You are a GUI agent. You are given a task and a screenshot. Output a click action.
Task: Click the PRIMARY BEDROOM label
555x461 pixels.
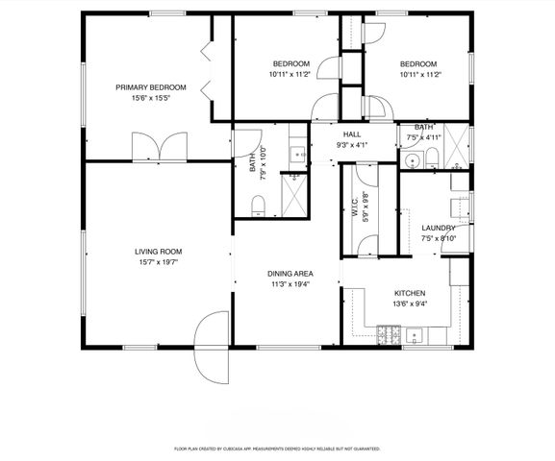point(150,87)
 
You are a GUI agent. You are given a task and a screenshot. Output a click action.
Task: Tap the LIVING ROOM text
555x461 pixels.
point(158,252)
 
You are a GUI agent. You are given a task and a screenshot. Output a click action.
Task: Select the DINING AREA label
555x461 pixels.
point(290,274)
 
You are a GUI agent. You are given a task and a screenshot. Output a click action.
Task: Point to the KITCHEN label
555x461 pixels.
point(409,293)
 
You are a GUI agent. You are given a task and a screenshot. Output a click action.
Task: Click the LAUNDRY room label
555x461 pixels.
point(438,228)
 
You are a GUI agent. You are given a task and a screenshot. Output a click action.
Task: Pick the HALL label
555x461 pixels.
point(351,134)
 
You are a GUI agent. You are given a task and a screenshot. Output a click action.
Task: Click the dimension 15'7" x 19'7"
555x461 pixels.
point(158,262)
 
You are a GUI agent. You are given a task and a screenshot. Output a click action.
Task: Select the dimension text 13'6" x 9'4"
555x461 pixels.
point(409,303)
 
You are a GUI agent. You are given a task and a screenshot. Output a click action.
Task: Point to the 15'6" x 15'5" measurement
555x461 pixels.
point(150,98)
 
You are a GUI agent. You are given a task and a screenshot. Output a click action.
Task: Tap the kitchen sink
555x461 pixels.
point(416,335)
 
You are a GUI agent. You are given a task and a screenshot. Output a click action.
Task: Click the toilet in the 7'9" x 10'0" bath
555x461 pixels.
point(257,205)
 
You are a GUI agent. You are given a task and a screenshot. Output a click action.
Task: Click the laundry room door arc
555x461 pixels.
point(453,245)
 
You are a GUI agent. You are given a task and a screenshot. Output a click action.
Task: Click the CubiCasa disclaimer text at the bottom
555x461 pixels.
point(277,449)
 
